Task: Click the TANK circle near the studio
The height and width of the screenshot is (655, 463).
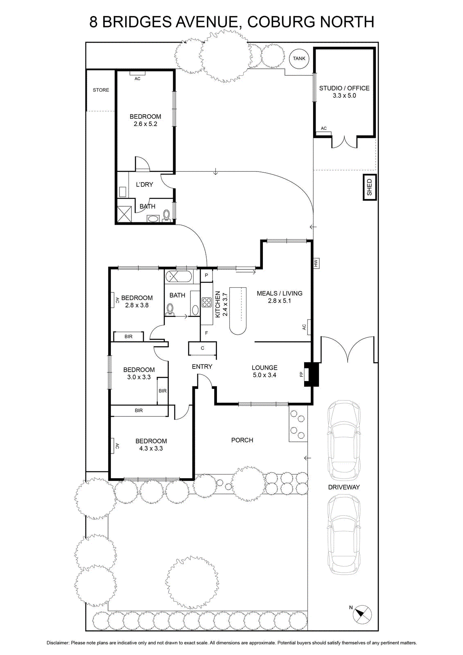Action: pos(299,59)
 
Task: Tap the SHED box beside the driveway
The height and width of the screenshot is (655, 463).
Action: pos(369,187)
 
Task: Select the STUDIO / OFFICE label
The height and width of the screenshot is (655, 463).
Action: pos(344,88)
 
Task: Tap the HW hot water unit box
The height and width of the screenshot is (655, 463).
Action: pos(316,263)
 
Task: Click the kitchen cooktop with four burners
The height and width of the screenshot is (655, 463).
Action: pos(206,302)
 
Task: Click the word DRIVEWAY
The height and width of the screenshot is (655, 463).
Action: pos(343,487)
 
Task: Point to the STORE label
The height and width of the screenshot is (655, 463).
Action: pos(101,90)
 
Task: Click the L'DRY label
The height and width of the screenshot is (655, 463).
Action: pos(145,185)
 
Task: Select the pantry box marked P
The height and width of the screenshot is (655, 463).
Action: pos(206,275)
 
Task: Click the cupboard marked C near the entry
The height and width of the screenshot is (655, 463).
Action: pos(202,348)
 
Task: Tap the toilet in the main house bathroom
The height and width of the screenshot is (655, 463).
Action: pos(169,309)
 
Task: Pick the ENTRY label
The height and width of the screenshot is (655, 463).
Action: pos(202,366)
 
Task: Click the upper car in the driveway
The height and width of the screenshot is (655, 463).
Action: pos(344,437)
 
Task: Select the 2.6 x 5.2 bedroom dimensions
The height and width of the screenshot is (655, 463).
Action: pos(145,124)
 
